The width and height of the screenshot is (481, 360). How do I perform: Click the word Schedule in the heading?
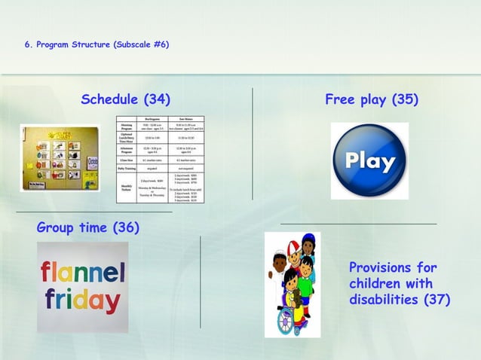[x=111, y=99]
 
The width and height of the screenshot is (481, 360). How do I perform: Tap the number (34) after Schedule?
[x=157, y=99]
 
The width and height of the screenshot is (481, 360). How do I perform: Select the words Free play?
[x=355, y=99]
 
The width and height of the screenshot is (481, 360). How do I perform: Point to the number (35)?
[x=405, y=99]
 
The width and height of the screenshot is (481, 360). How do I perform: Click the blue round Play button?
[x=369, y=160]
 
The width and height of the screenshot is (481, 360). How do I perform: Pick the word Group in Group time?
[x=57, y=227]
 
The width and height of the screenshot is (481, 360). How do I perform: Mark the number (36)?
[x=126, y=227]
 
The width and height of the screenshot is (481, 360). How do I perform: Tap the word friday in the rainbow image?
[x=81, y=301]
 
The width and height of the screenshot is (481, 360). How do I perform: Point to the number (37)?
[x=437, y=300]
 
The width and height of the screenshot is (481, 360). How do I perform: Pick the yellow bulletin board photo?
[x=60, y=158]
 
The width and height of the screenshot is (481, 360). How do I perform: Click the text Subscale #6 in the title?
[x=141, y=44]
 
